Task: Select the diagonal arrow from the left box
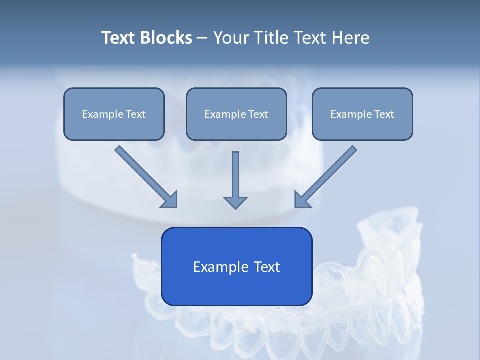point(145,176)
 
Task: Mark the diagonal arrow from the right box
point(326,176)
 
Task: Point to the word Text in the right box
point(384,114)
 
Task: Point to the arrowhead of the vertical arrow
point(235,202)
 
